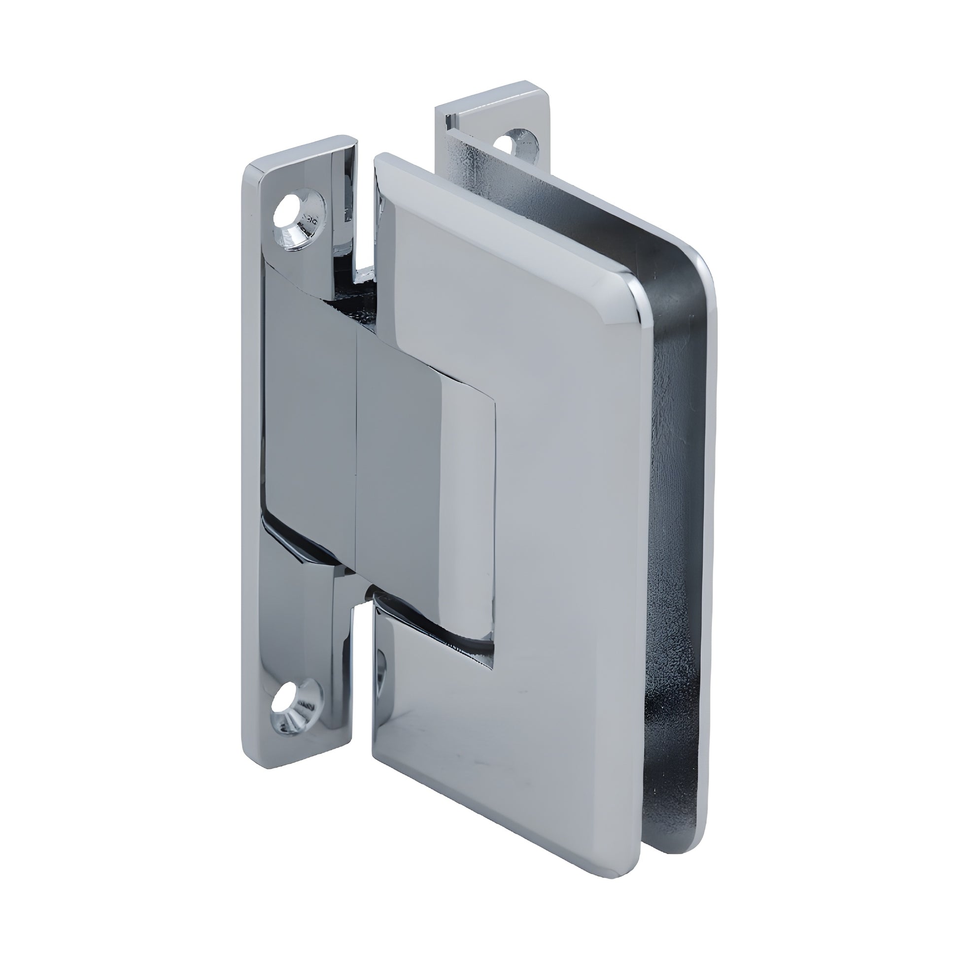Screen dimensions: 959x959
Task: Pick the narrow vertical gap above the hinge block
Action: tap(365, 208)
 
